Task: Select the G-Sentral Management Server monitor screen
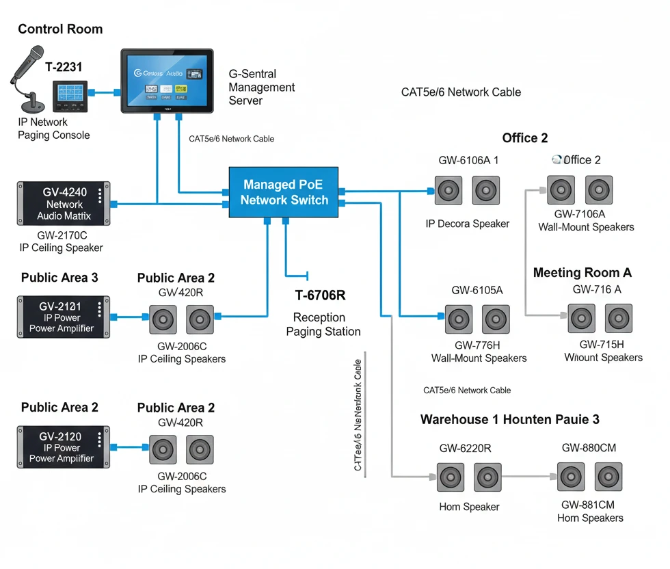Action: coord(167,79)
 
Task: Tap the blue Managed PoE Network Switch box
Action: coord(284,192)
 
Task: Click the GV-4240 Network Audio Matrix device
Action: coord(64,204)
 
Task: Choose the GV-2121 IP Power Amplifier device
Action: coord(64,317)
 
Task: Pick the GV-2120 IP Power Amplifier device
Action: coord(64,447)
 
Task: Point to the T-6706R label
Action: coord(321,295)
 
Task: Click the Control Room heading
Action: coord(60,29)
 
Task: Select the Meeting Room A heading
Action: coord(582,273)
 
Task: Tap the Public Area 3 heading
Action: coord(59,278)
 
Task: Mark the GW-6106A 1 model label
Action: coord(468,160)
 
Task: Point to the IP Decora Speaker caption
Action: coord(468,224)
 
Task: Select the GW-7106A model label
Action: coord(586,214)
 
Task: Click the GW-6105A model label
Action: coord(477,290)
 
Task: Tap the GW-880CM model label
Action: coord(589,448)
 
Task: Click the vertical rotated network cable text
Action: coord(358,415)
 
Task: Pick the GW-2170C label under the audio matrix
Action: coord(62,235)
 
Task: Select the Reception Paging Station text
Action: coord(323,325)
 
